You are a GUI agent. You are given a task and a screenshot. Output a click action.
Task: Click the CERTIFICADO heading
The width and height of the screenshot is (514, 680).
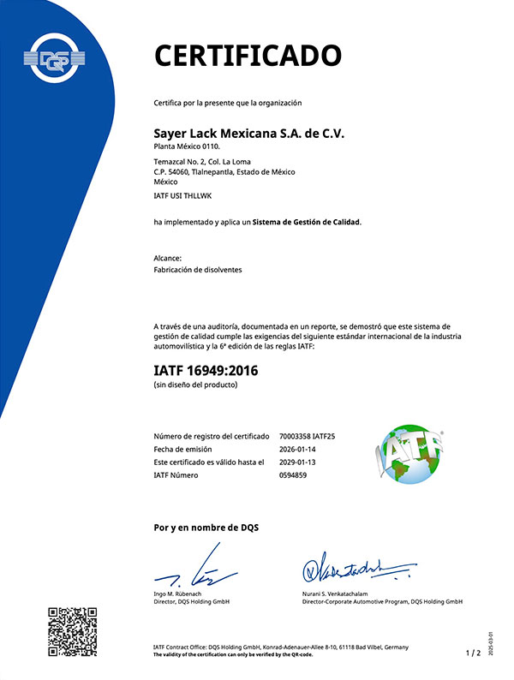click(x=247, y=55)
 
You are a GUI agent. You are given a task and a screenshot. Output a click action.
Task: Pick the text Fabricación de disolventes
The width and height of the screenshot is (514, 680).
click(x=197, y=270)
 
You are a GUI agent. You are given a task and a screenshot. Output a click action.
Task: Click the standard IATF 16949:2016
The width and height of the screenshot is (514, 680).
click(x=206, y=371)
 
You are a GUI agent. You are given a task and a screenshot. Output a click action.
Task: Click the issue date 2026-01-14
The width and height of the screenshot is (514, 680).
click(x=298, y=450)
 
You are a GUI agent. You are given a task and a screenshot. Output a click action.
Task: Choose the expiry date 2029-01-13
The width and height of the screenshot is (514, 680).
click(x=298, y=462)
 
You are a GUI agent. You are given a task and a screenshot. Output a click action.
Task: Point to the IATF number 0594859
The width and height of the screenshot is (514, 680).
click(x=292, y=475)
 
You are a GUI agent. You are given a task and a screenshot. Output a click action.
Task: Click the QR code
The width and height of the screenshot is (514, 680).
click(x=72, y=631)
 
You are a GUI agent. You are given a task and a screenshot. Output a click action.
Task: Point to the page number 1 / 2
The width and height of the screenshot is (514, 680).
click(x=472, y=653)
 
